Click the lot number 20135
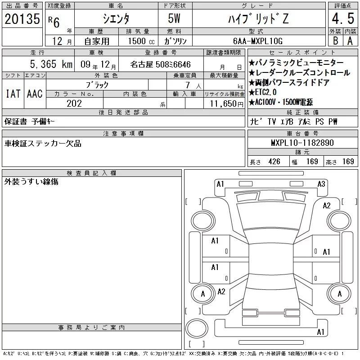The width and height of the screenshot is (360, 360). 22,18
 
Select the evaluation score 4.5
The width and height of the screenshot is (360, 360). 343,18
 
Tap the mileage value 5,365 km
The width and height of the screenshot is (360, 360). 51,64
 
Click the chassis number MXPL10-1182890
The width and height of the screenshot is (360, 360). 302,143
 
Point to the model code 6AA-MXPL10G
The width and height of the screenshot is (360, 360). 258,41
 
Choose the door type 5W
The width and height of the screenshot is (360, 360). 174,18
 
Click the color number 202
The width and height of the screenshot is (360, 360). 74,103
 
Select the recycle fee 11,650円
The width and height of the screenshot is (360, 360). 227,103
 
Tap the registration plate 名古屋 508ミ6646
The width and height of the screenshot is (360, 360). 160,64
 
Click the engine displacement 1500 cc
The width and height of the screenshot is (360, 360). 141,41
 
